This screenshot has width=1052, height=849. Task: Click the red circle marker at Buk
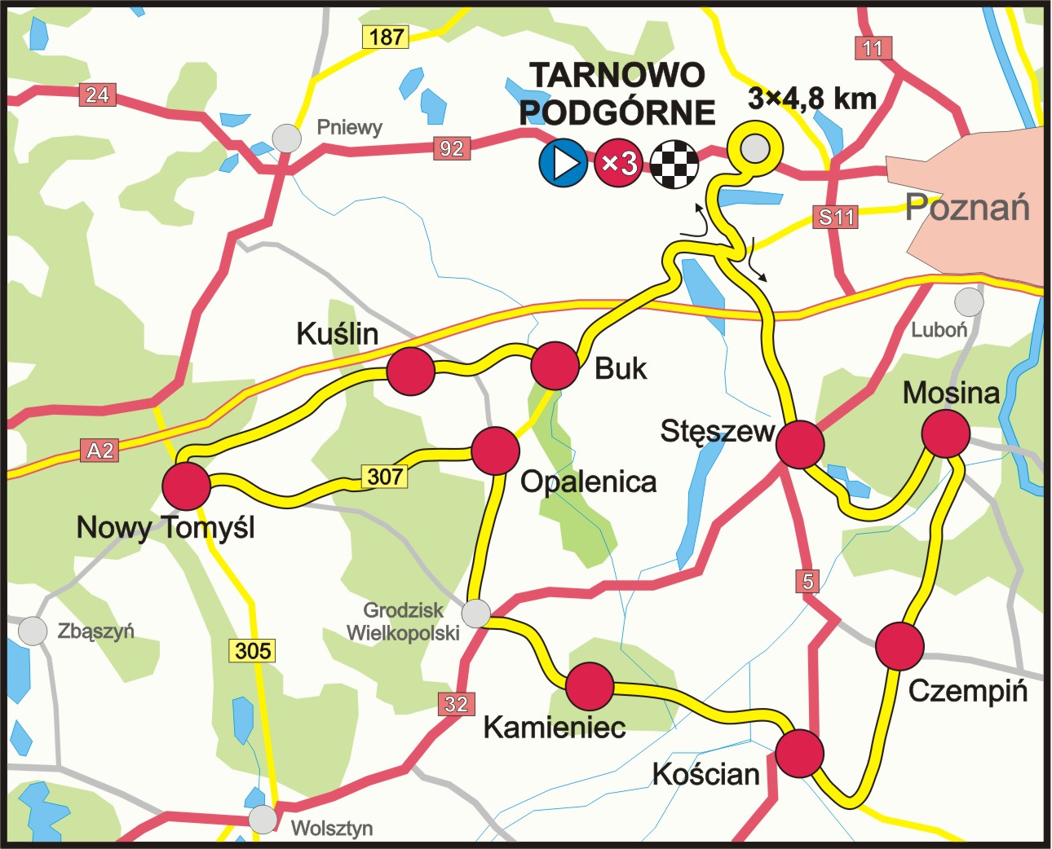click(555, 366)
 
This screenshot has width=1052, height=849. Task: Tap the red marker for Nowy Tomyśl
click(187, 486)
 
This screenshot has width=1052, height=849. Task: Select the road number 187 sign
click(386, 37)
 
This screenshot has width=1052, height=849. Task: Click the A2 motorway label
click(100, 451)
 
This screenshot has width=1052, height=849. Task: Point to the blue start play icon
click(563, 163)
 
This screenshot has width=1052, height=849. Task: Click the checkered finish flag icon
click(674, 163)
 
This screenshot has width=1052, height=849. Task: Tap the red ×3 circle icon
click(618, 163)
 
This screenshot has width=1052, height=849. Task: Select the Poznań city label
click(968, 208)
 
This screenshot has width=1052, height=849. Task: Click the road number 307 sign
click(385, 476)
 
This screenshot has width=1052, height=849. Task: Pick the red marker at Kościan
click(799, 754)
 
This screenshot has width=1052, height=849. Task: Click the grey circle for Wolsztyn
click(263, 819)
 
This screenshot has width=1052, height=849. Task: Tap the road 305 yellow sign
click(253, 650)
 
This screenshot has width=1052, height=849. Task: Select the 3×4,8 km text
click(812, 99)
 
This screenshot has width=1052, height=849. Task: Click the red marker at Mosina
click(946, 433)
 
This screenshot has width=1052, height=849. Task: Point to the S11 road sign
click(837, 217)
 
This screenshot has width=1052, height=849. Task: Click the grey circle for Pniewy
click(286, 138)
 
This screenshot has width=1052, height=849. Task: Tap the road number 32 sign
click(456, 704)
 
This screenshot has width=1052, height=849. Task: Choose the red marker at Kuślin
click(410, 372)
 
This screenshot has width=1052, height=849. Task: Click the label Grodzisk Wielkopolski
click(403, 622)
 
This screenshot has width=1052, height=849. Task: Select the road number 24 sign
click(97, 95)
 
